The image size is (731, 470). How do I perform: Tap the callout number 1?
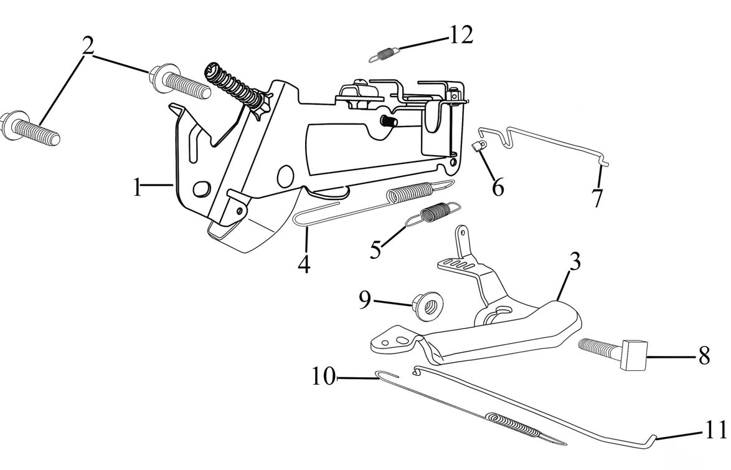[137, 187]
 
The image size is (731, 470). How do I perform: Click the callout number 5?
[375, 250]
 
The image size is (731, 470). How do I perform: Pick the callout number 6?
[498, 187]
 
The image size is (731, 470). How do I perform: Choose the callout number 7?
[597, 198]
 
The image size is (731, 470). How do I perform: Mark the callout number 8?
[704, 356]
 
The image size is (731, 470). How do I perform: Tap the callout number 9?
[364, 300]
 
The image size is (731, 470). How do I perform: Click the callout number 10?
[324, 376]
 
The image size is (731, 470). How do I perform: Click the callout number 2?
[88, 46]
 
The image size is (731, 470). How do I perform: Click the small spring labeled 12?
[384, 55]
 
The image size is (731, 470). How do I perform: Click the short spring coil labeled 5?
[435, 213]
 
